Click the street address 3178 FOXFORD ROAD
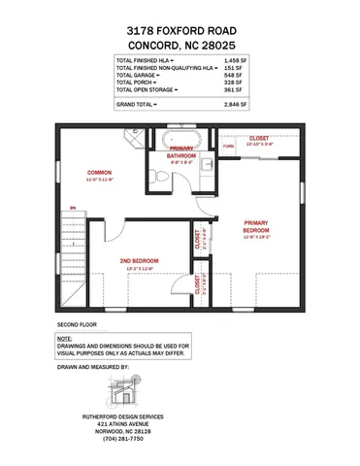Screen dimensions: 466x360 click(180, 31)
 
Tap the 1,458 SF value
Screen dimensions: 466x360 click(237, 61)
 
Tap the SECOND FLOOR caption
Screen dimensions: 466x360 click(78, 322)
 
